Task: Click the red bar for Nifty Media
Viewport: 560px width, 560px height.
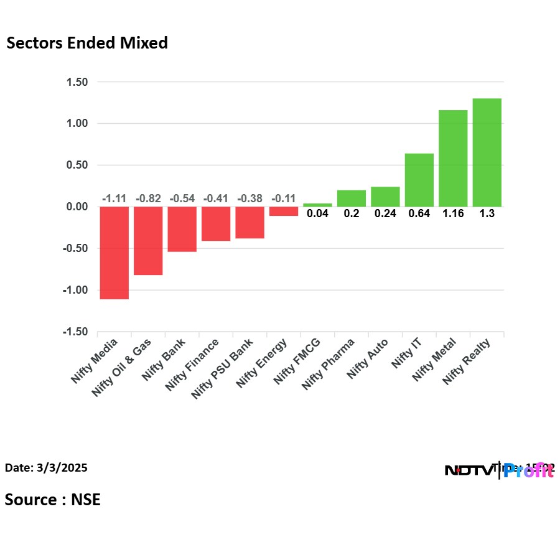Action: click(x=114, y=253)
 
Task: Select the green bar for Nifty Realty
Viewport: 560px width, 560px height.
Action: click(x=487, y=152)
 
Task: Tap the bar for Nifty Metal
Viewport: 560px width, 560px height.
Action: click(x=453, y=158)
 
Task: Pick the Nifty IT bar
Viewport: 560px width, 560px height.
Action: click(x=419, y=180)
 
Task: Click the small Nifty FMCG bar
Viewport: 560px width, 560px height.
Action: click(x=317, y=205)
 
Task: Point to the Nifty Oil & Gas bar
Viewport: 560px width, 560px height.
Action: click(x=148, y=241)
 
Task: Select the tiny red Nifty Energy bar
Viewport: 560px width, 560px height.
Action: click(x=284, y=212)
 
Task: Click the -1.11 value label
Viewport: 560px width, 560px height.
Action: click(x=114, y=198)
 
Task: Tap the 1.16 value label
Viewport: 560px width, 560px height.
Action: click(x=453, y=213)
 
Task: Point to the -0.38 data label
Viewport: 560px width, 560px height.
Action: click(x=250, y=198)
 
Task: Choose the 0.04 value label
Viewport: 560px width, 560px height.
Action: click(x=317, y=213)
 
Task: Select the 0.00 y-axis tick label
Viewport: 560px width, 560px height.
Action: click(x=75, y=207)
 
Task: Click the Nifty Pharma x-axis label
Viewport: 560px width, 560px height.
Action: click(x=328, y=363)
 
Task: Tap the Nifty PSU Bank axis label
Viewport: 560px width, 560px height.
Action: click(x=223, y=368)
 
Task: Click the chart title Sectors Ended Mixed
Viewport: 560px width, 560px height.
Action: click(x=86, y=43)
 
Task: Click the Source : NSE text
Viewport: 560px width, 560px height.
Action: click(x=52, y=499)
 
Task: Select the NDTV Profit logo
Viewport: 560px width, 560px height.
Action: click(x=499, y=470)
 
